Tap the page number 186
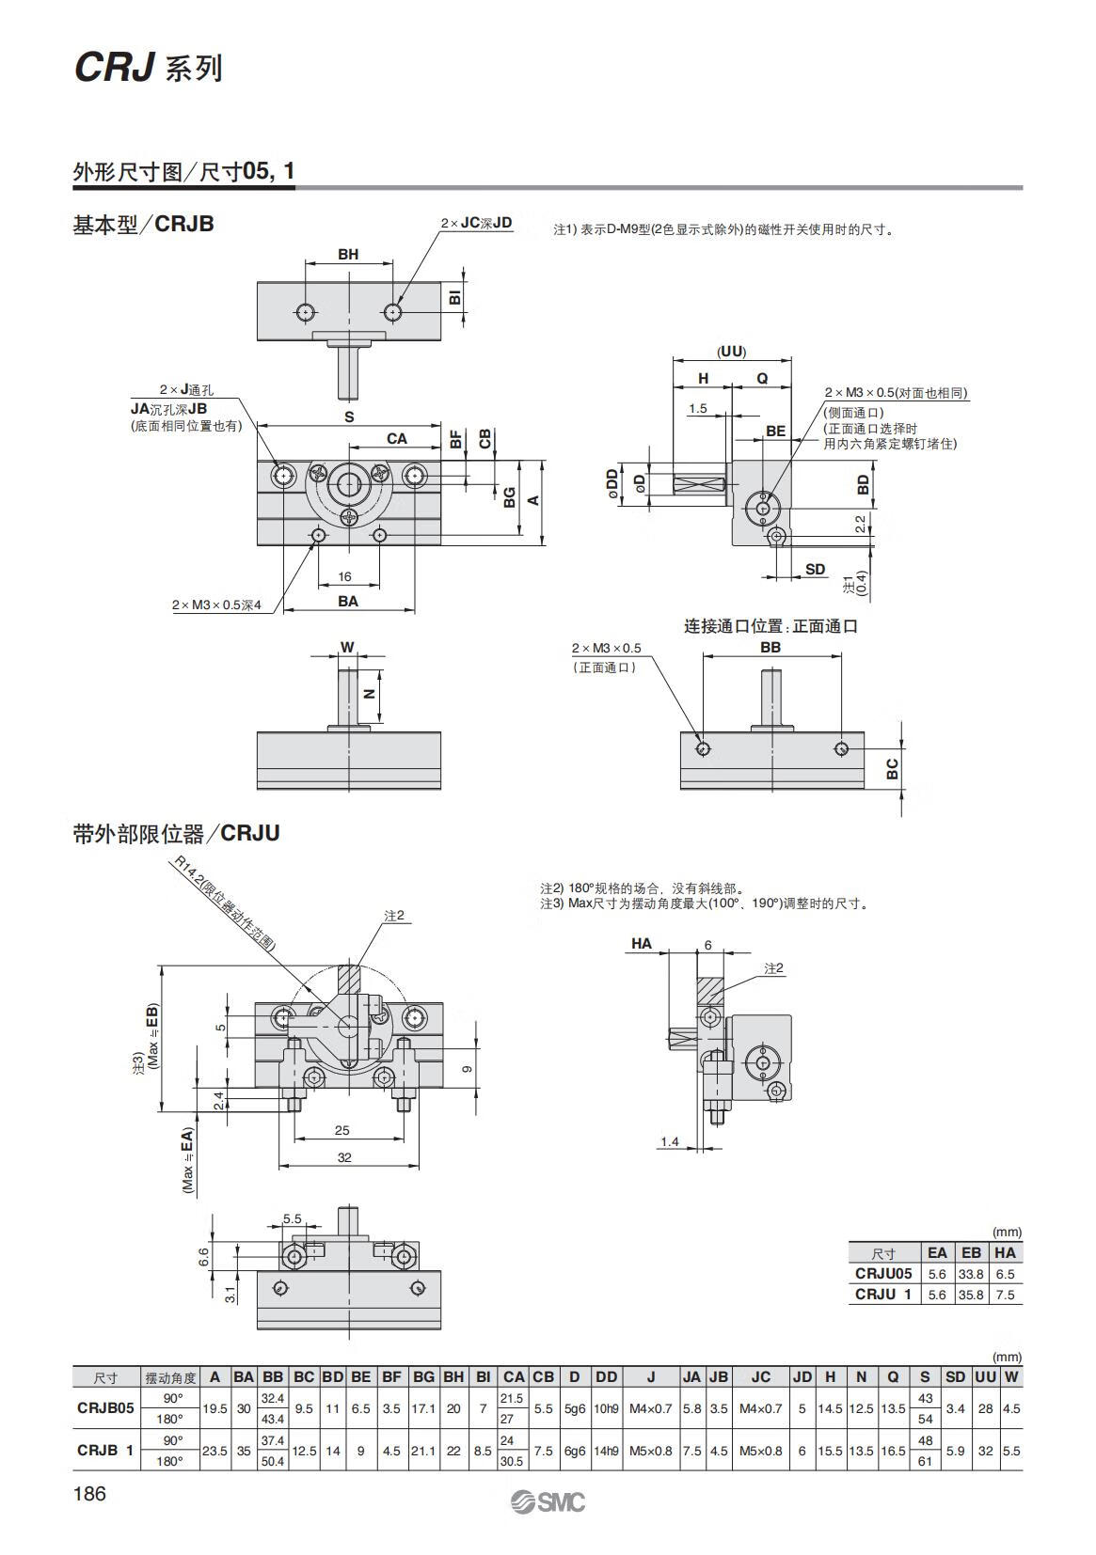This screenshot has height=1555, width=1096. point(89,1494)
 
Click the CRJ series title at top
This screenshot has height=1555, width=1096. point(148,68)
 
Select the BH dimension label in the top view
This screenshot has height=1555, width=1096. point(348,255)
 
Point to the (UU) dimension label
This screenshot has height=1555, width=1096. point(731,352)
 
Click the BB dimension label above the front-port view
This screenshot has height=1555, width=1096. point(770,647)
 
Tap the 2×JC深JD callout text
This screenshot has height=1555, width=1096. point(476,223)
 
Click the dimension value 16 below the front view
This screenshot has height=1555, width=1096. point(344,576)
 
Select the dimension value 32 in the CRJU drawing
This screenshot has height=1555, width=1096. point(344,1157)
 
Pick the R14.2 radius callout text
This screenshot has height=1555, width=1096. point(224,903)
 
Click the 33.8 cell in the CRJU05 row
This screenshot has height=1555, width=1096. point(970,1274)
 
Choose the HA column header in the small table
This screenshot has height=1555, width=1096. point(1005,1252)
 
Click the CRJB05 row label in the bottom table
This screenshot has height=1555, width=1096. point(105,1407)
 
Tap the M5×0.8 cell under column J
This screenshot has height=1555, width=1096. point(651,1451)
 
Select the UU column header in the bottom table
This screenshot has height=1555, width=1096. point(985,1376)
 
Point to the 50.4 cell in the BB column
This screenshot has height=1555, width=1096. point(272,1461)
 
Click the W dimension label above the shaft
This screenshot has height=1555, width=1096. point(347,647)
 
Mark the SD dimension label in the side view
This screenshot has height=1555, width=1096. point(816,569)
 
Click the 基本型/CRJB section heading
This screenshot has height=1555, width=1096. point(144,225)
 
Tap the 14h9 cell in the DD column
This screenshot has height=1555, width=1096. point(607,1451)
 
